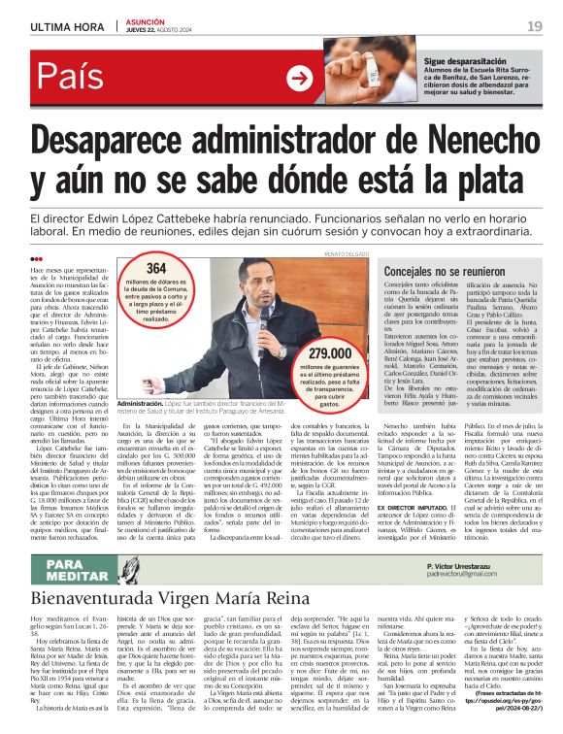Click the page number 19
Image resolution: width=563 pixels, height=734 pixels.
pyautogui.click(x=535, y=24)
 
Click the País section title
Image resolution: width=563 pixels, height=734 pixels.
pyautogui.click(x=71, y=78)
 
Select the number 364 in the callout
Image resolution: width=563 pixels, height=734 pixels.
pyautogui.click(x=156, y=269)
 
